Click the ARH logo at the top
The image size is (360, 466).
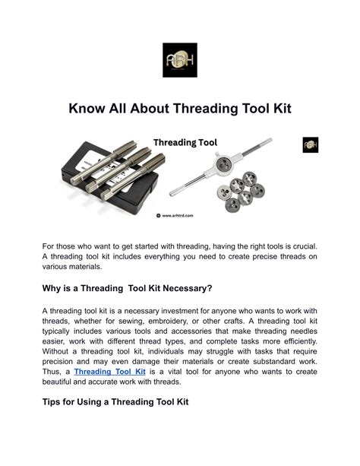[179, 60]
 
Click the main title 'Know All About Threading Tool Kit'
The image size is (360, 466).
[180, 109]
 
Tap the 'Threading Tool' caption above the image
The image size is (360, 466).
[186, 142]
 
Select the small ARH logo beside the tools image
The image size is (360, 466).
[311, 144]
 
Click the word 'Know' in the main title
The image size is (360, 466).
[89, 109]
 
